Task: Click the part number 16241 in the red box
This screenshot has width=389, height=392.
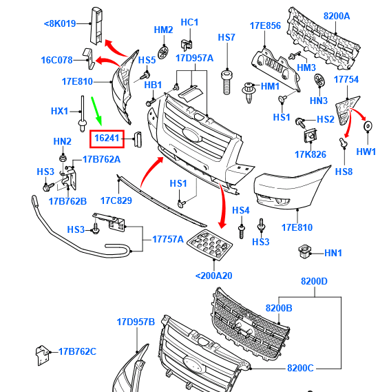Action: click(107, 138)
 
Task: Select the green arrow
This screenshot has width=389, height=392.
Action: click(96, 111)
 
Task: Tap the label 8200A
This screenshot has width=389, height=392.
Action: click(337, 16)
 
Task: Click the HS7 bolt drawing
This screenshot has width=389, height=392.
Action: click(227, 82)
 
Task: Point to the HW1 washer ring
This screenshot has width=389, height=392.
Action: click(368, 126)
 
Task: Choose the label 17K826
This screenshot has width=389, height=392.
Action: click(311, 154)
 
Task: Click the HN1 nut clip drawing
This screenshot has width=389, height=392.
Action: click(305, 251)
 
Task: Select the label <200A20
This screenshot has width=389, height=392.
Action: click(214, 276)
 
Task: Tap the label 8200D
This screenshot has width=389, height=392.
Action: click(314, 281)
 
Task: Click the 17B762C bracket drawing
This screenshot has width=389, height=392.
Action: click(42, 355)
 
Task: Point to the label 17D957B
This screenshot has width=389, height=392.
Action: click(136, 322)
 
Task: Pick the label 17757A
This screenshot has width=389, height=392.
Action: click(168, 239)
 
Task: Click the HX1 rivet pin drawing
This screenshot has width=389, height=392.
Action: click(82, 114)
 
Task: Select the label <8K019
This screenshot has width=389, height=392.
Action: click(60, 23)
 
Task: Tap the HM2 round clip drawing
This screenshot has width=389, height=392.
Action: click(163, 52)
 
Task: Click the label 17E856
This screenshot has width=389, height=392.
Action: click(265, 25)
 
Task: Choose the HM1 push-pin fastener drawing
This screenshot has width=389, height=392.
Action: click(249, 92)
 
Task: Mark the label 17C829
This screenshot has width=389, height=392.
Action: click(116, 200)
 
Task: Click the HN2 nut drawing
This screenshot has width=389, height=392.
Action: click(63, 158)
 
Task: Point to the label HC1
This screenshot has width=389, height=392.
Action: click(189, 22)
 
